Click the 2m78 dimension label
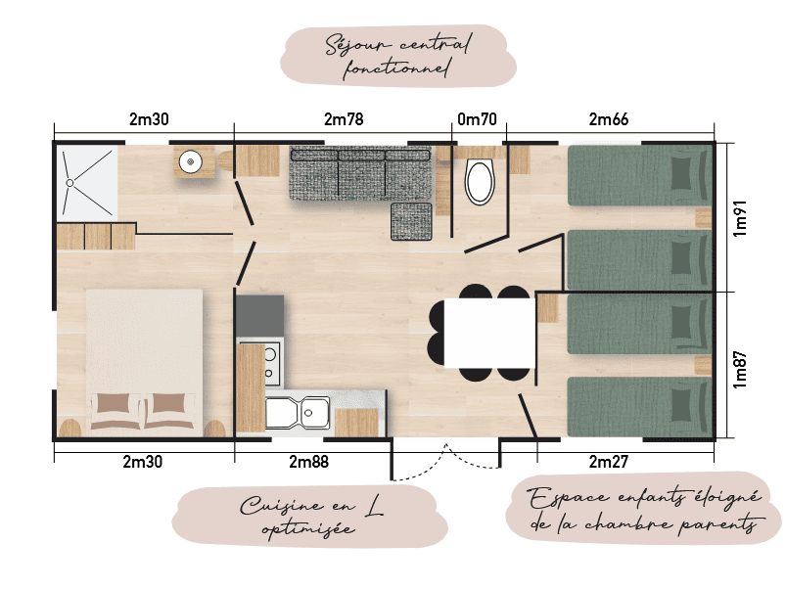344,119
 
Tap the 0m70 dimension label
477,119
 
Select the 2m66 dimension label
608,119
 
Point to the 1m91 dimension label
740,218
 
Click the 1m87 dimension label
740,370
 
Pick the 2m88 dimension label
308,461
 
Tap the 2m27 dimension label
608,461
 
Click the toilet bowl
480,182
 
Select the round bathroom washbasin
191,161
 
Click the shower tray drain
69,183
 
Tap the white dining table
489,333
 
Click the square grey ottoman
411,221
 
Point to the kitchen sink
298,413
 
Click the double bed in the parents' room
144,362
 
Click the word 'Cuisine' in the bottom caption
282,505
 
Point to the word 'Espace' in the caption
569,498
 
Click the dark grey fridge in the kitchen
259,315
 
